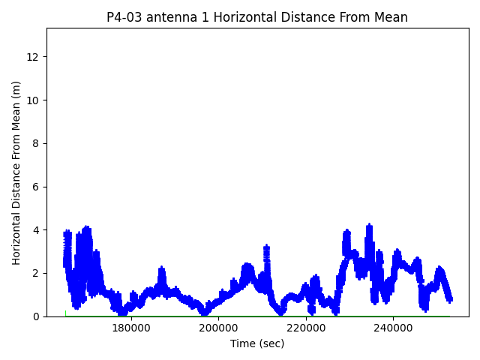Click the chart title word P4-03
pos(124,17)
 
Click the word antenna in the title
pos(169,17)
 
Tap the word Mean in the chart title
pos(391,17)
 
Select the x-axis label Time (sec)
pos(257,343)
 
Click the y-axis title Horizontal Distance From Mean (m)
pos(16,172)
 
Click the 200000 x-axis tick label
pos(218,328)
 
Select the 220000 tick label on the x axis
pos(306,328)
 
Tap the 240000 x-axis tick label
pos(394,328)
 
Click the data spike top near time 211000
pos(266,246)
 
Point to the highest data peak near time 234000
pos(369,225)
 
